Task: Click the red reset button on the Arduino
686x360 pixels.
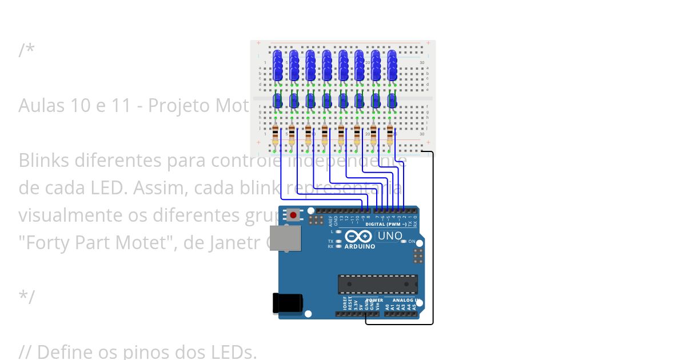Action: [293, 215]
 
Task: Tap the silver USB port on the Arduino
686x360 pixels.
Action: [285, 238]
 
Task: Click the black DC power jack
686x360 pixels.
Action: [286, 303]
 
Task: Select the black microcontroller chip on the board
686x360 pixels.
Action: [377, 284]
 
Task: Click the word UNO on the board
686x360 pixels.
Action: [390, 235]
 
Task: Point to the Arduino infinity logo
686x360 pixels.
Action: [358, 237]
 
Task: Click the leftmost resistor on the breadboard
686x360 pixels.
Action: [276, 136]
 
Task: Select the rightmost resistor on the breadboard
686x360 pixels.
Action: [390, 136]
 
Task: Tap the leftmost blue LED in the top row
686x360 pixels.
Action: [278, 64]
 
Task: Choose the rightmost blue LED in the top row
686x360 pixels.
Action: [392, 64]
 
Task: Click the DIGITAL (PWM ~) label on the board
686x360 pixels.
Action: [386, 224]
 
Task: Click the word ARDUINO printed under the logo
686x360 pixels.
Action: [360, 247]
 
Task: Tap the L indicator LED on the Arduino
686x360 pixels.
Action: [339, 232]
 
